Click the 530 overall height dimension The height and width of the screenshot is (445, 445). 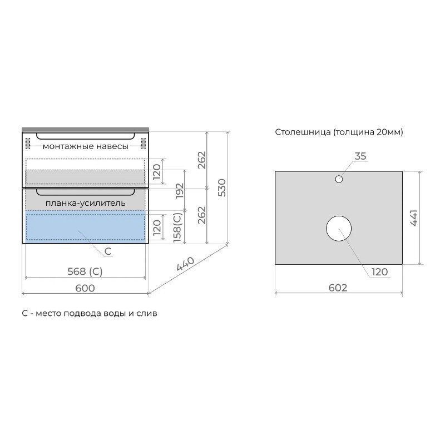tap(222, 187)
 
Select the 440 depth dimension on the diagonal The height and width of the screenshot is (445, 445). tap(185, 264)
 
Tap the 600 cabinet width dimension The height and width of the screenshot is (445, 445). tap(85, 288)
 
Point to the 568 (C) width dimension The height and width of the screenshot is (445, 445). tap(85, 271)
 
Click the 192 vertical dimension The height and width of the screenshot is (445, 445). tap(179, 191)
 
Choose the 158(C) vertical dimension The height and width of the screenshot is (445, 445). tap(177, 228)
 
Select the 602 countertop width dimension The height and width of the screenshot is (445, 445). tap(338, 288)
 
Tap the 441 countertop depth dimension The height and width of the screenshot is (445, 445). tap(414, 218)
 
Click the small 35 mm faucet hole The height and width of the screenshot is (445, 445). tap(339, 179)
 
